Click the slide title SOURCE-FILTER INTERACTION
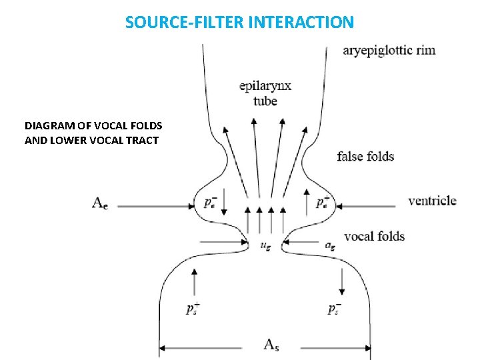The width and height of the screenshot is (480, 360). (239, 22)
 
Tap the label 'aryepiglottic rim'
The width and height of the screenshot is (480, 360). (389, 51)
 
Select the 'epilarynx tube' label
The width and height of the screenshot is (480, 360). (265, 94)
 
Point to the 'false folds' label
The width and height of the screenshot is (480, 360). (365, 157)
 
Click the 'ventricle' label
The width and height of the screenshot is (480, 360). (432, 201)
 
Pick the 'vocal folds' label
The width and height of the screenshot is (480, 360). (374, 236)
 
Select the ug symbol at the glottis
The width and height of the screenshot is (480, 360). (265, 245)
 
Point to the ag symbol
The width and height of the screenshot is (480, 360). (329, 245)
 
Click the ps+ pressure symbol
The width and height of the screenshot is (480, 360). (193, 309)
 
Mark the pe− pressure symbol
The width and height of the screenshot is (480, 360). (209, 201)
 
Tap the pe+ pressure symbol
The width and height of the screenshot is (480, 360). (322, 201)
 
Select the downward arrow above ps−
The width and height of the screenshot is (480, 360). (342, 281)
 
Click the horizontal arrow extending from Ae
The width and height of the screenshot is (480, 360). (153, 207)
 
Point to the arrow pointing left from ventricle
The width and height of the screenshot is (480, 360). (370, 207)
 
